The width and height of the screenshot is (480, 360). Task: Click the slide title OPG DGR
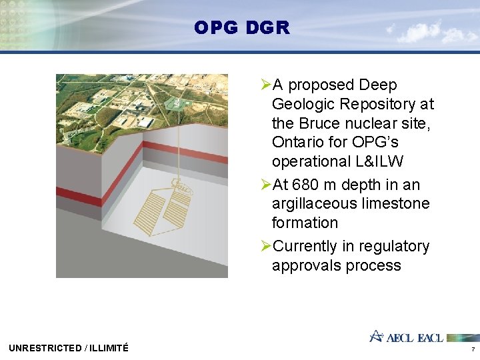[x=241, y=28]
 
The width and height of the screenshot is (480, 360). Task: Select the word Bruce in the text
[x=323, y=123]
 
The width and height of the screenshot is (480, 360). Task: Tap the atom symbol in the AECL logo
[x=377, y=336]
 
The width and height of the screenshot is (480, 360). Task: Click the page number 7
[x=473, y=349]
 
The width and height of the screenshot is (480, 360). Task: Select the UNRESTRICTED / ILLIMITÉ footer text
[x=69, y=347]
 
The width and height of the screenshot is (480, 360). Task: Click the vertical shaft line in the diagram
[x=176, y=147]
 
